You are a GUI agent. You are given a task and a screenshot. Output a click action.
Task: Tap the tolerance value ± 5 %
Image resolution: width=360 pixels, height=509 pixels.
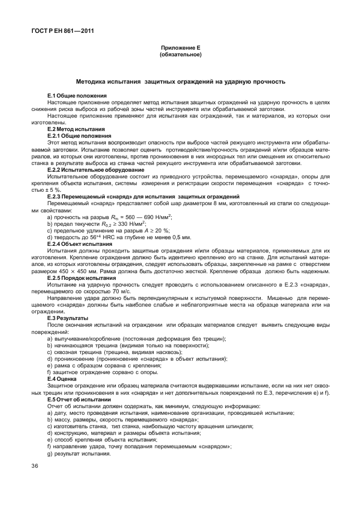(56, 190)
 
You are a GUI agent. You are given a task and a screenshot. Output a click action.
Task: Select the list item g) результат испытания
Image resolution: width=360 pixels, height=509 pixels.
(80, 452)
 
